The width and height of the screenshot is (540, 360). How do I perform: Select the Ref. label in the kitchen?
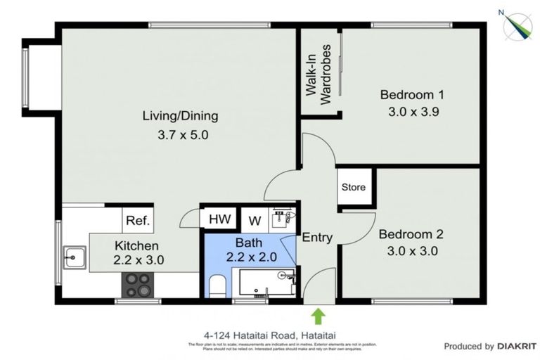pyautogui.click(x=138, y=221)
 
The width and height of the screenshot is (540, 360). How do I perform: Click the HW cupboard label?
pyautogui.click(x=217, y=219)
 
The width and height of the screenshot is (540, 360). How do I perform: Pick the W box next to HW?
pyautogui.click(x=254, y=219)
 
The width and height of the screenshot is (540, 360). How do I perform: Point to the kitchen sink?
pyautogui.click(x=73, y=257)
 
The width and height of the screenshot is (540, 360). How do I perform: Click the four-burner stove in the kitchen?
pyautogui.click(x=139, y=285)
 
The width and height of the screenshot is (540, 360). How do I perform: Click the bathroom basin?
pyautogui.click(x=283, y=217)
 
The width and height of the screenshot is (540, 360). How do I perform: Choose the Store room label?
pyautogui.click(x=354, y=188)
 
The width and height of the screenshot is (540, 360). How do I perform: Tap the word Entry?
pyautogui.click(x=317, y=238)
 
